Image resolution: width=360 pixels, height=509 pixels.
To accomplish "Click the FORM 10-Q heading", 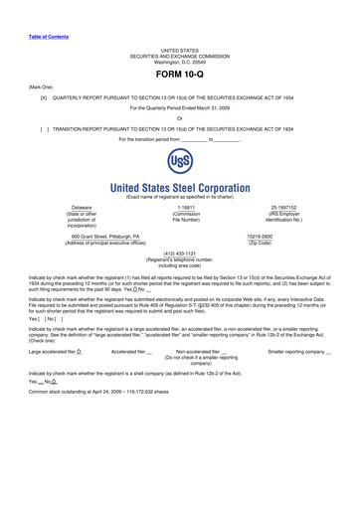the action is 179,75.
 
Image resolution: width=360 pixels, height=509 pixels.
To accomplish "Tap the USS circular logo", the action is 179,162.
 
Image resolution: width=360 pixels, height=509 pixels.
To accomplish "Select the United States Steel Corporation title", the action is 179,187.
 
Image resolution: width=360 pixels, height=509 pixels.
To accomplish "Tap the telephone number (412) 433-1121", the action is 179,253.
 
